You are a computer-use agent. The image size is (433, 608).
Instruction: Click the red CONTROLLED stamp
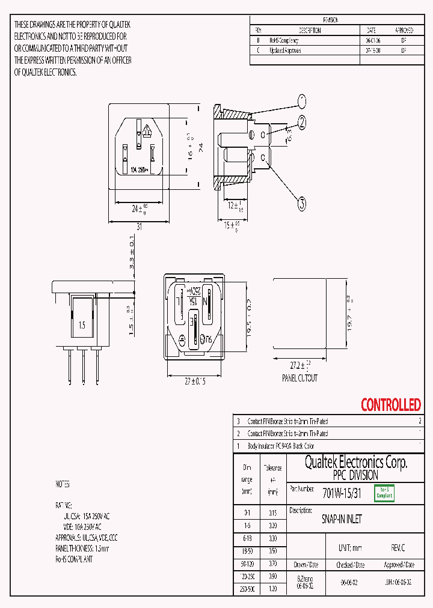tap(390, 405)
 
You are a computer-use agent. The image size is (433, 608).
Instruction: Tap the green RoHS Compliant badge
tap(384, 493)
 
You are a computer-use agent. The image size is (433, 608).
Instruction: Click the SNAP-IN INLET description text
tap(342, 519)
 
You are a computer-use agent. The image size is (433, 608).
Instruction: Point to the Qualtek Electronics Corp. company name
tap(356, 462)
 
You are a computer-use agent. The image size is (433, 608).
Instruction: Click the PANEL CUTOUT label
tap(299, 378)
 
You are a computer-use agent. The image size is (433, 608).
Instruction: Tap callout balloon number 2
tap(302, 123)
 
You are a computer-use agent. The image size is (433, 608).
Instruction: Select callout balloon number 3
tap(302, 204)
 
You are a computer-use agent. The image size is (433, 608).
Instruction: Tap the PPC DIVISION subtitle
tap(355, 475)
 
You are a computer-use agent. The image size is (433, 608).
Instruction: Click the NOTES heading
tap(63, 484)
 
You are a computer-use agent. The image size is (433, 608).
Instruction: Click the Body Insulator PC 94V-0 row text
tap(281, 446)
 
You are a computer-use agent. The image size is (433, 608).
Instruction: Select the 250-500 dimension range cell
tap(247, 590)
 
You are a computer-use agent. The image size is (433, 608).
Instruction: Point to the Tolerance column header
tap(272, 467)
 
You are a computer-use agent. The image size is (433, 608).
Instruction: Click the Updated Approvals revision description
tap(285, 51)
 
